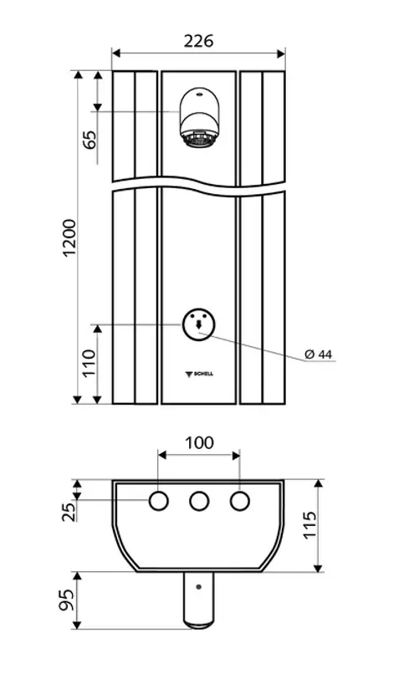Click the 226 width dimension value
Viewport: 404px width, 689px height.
(198, 41)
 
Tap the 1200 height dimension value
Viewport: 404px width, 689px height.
(70, 237)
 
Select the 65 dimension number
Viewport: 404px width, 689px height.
(90, 140)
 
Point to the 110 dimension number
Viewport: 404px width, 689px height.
(89, 363)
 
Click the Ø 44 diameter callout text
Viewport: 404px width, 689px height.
(319, 355)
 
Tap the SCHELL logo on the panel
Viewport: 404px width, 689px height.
(198, 374)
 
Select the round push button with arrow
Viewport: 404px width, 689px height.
(198, 324)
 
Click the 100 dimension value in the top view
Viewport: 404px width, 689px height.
(199, 442)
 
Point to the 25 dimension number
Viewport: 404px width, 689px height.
(69, 511)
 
